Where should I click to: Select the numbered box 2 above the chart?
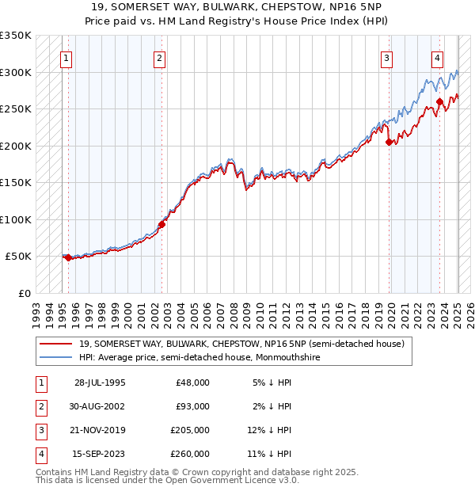click(x=159, y=57)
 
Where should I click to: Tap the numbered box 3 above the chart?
click(x=387, y=57)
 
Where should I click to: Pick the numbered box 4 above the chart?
click(x=437, y=57)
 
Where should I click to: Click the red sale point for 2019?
click(x=389, y=143)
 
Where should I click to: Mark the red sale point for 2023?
click(x=439, y=101)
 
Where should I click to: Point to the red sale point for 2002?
click(x=161, y=224)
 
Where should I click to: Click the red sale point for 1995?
click(x=68, y=257)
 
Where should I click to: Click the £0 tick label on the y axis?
click(x=25, y=293)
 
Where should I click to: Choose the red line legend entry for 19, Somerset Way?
click(x=241, y=344)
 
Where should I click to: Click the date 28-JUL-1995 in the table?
click(x=100, y=383)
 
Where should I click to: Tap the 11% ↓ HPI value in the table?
click(x=272, y=454)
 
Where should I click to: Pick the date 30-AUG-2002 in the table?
click(x=100, y=406)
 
